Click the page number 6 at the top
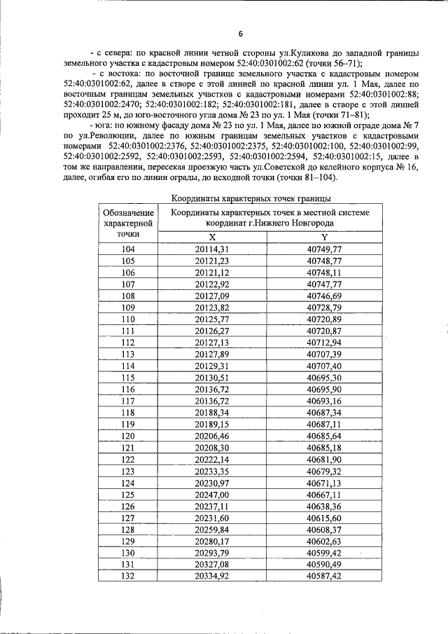[240, 34]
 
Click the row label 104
[128, 250]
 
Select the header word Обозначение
[128, 212]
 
